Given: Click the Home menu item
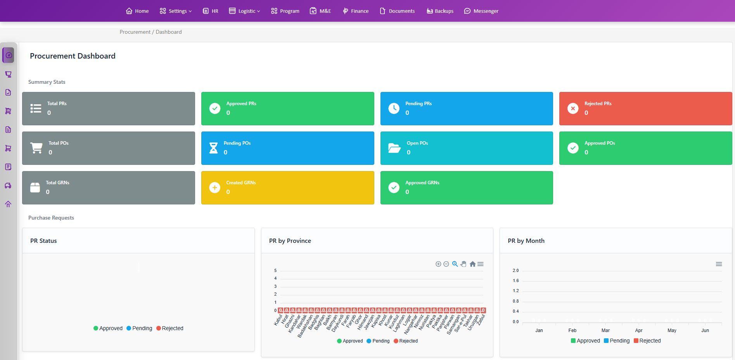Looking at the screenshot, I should coord(137,11).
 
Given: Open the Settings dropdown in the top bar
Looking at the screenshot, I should coord(176,11).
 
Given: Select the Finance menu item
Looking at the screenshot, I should coord(356,11).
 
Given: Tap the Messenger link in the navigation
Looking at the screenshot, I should coord(481,11).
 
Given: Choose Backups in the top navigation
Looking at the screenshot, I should coord(440,11).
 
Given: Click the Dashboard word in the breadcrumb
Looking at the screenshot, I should coord(169,32).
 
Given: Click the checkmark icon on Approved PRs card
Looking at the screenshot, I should coord(215,108).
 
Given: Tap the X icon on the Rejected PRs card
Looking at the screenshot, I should coord(573,108).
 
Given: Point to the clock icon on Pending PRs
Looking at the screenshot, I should coord(394,108).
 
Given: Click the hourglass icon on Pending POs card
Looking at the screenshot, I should coord(214,148).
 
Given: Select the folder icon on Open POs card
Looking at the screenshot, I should coord(394,148).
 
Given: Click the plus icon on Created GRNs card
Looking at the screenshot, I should coord(215,187).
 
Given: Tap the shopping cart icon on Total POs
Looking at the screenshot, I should coord(36,148).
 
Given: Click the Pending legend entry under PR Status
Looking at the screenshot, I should coord(140,328).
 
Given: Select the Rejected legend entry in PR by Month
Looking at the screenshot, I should coord(647,341).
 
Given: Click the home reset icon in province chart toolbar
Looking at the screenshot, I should coord(472,264).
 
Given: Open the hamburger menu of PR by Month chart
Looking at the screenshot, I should coord(719,264).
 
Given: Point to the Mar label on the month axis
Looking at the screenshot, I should coord(605,331).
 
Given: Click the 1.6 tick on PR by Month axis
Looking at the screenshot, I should coord(515,280).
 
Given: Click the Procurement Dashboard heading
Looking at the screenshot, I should coord(73,56).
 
